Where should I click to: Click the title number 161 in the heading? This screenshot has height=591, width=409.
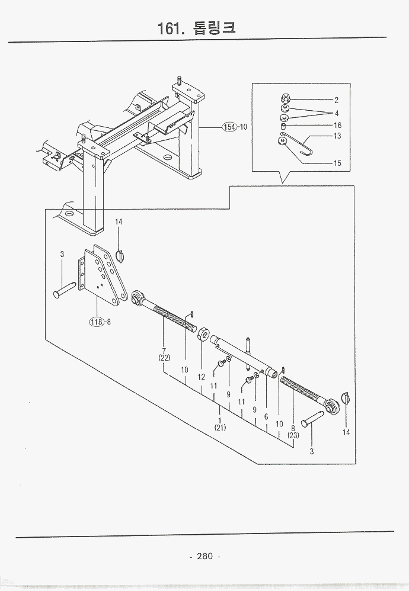[x=170, y=28]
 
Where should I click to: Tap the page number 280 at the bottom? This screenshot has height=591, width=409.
[x=204, y=556]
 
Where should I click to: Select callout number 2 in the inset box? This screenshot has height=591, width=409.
[x=336, y=100]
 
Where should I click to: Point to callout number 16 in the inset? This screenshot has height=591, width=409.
[x=337, y=125]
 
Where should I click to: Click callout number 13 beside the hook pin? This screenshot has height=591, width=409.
[x=337, y=136]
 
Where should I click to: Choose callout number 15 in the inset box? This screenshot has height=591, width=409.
[x=337, y=163]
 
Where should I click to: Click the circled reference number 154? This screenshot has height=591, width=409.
[x=229, y=127]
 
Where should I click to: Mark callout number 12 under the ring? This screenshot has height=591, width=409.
[x=202, y=377]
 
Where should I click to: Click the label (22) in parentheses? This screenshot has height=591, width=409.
[x=164, y=358]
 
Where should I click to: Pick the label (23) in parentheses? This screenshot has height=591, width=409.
[x=293, y=435]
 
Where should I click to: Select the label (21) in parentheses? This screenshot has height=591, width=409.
[x=220, y=427]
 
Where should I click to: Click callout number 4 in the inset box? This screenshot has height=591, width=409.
[x=336, y=113]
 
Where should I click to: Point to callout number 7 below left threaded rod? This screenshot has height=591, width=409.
[x=164, y=350]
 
